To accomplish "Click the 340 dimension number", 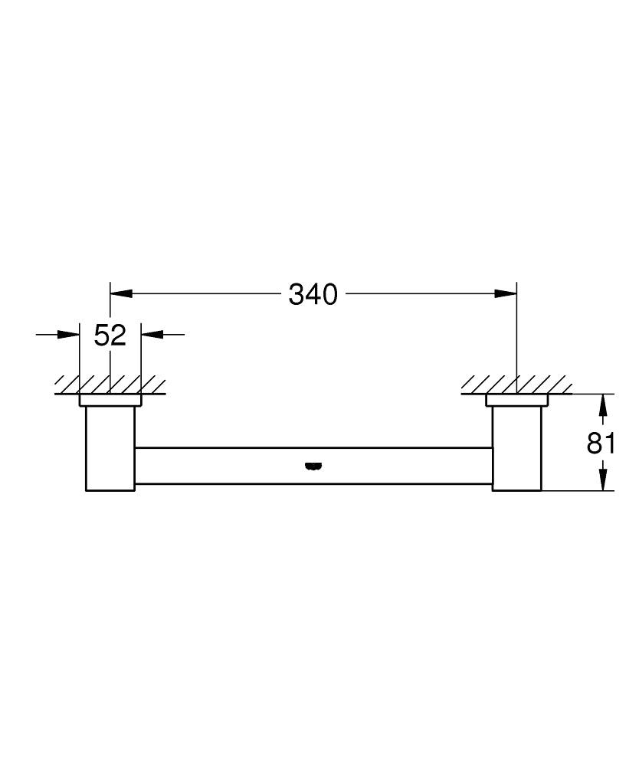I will (313, 294).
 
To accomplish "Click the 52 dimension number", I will (110, 335).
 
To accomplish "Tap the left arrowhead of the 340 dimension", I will (122, 293).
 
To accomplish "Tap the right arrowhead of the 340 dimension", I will (506, 293).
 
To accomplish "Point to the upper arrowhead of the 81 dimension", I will (605, 404).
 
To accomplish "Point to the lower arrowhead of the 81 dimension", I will (605, 480).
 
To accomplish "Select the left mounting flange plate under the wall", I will (110, 400).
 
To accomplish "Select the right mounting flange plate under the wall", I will (516, 400).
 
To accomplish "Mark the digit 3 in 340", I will (297, 294).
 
